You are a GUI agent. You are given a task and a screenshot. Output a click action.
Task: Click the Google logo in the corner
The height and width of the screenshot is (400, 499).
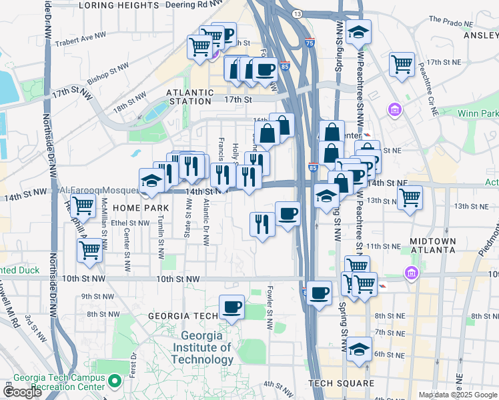click(x=22, y=392)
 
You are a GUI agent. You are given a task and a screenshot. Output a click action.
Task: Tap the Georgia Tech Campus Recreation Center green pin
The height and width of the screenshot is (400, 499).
click(x=115, y=382)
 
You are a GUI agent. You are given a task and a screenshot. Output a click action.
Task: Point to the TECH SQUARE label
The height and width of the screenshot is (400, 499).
click(x=342, y=383)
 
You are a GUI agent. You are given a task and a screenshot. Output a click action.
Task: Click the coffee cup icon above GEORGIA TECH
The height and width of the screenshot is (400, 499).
click(x=231, y=307)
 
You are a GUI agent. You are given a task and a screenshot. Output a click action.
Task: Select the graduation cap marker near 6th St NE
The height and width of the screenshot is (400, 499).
click(x=359, y=348)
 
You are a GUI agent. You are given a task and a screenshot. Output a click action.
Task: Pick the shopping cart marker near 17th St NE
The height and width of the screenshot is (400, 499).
click(x=402, y=64)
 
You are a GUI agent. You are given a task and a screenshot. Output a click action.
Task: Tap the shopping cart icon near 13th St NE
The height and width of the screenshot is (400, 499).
click(x=410, y=197)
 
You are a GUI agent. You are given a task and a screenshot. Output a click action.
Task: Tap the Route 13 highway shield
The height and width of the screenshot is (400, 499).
click(x=297, y=14)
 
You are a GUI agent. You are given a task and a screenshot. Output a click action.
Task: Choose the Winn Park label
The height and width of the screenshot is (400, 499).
click(x=478, y=114)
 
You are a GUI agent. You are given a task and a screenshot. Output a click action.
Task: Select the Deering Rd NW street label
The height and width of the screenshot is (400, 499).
click(x=193, y=5)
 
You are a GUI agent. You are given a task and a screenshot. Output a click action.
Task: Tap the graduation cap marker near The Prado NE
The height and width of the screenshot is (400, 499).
click(x=359, y=31)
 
